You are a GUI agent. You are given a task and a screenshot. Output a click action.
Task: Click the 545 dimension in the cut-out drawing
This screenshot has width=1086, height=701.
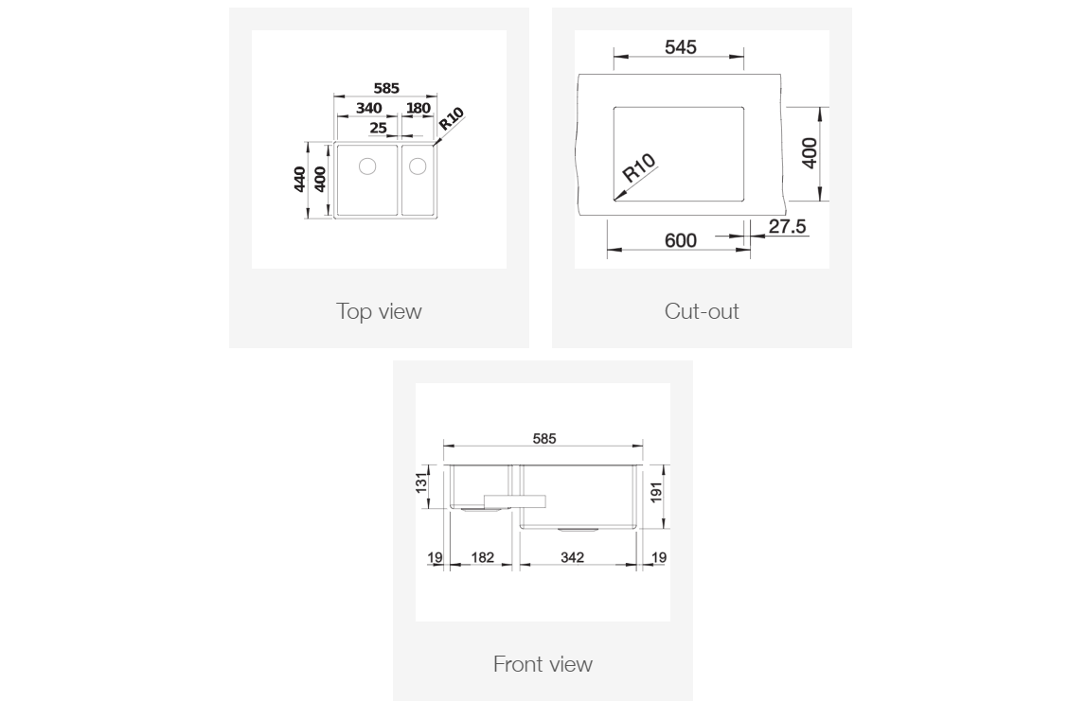[680, 46]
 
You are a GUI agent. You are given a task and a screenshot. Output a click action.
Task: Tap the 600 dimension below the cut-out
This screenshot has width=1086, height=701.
[680, 240]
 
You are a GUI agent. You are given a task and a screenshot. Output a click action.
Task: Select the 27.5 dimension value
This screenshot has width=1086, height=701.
[786, 226]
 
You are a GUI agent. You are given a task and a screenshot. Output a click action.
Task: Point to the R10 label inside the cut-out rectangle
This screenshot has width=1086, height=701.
[640, 168]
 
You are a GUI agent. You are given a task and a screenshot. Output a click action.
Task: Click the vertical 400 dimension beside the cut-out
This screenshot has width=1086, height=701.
[810, 153]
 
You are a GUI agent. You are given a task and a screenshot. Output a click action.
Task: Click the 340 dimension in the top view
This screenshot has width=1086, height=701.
[368, 108]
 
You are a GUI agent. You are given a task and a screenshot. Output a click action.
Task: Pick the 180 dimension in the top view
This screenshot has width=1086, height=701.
[418, 108]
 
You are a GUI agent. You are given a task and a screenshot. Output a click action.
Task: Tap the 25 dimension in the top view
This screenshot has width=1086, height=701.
[378, 127]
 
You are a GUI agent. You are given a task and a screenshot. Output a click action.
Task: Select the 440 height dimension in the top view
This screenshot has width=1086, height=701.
[299, 179]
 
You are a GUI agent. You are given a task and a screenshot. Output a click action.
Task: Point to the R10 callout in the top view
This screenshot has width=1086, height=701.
[452, 120]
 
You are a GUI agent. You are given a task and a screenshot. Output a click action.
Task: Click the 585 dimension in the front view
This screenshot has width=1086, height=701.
[544, 438]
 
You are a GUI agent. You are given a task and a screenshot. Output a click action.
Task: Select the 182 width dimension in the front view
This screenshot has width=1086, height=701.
[482, 557]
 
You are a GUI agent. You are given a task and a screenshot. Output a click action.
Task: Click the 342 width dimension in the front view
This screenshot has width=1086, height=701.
[572, 557]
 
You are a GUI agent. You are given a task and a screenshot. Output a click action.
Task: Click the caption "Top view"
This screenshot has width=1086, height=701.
[379, 311]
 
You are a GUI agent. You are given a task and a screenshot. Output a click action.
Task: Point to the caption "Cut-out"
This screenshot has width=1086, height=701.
[702, 311]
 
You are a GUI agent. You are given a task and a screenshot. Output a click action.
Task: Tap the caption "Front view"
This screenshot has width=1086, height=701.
[543, 664]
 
